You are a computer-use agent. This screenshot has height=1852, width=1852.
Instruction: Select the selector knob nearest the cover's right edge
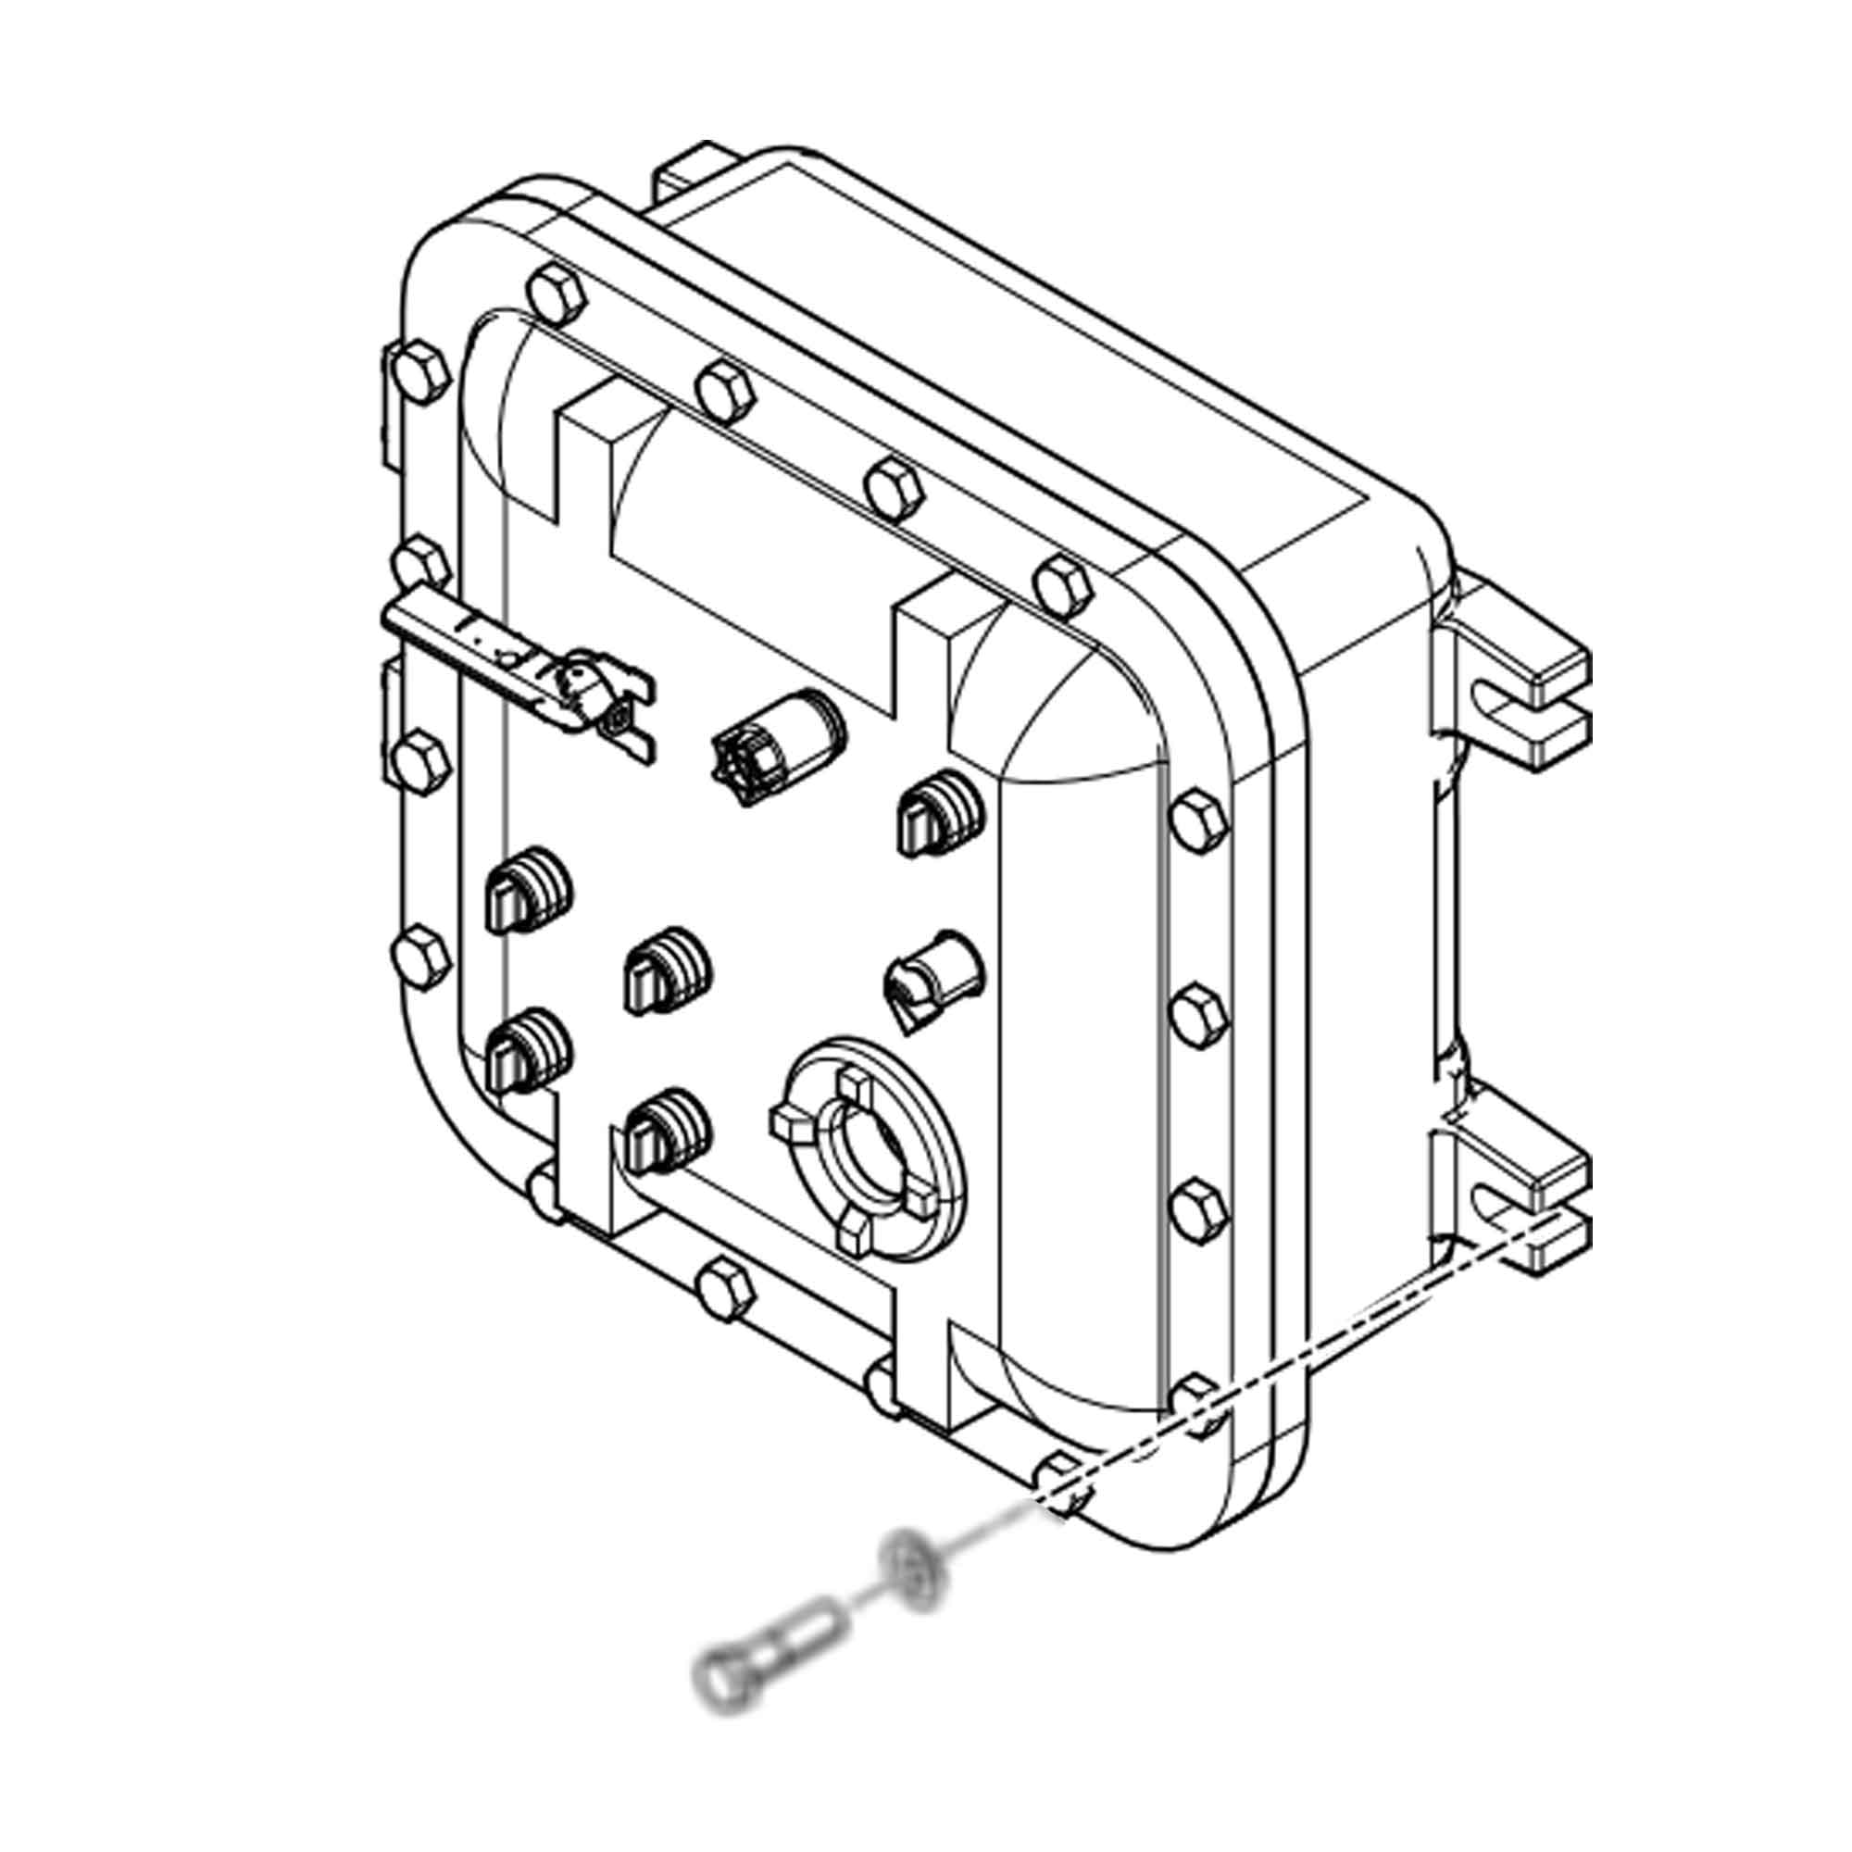point(939,815)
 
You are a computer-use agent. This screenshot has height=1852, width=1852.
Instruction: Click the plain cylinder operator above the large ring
point(932,987)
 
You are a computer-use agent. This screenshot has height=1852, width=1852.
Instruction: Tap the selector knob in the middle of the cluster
point(667,974)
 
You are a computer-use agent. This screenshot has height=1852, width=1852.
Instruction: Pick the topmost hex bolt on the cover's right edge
point(1199,820)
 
